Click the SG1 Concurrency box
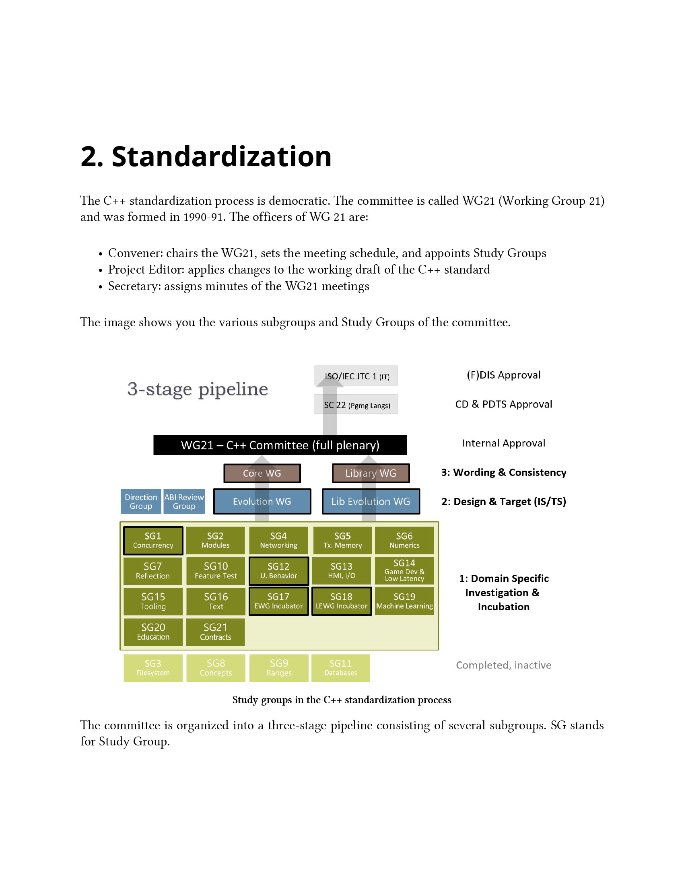153,540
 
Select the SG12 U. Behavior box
278,570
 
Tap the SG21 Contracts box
216,632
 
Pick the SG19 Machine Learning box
404,601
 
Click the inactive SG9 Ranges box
279,668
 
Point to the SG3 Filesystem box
153,668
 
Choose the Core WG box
262,473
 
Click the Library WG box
371,473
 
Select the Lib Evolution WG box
371,502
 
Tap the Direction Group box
141,502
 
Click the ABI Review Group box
184,502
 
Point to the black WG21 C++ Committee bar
280,445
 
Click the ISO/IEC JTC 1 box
356,376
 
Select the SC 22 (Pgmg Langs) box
356,405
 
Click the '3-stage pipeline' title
198,389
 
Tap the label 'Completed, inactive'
504,665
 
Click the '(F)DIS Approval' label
504,375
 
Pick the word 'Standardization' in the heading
222,157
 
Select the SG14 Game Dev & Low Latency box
404,570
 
